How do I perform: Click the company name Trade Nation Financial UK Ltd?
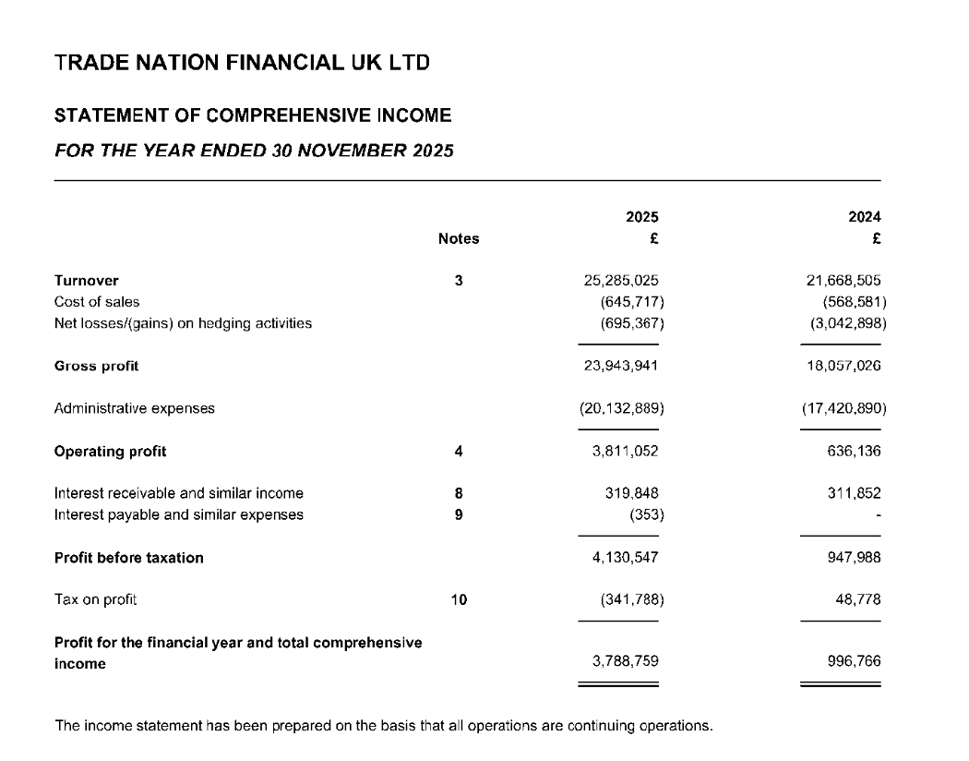point(242,64)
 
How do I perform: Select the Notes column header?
point(459,238)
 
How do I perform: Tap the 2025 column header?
point(642,217)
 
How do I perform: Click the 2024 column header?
point(864,217)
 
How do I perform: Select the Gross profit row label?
point(96,366)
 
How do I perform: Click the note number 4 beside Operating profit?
point(459,452)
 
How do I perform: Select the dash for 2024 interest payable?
point(878,515)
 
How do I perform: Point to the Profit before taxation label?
point(128,558)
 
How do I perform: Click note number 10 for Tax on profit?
point(459,600)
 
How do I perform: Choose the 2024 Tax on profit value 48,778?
point(857,600)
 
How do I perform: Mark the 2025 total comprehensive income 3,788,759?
point(625,661)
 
